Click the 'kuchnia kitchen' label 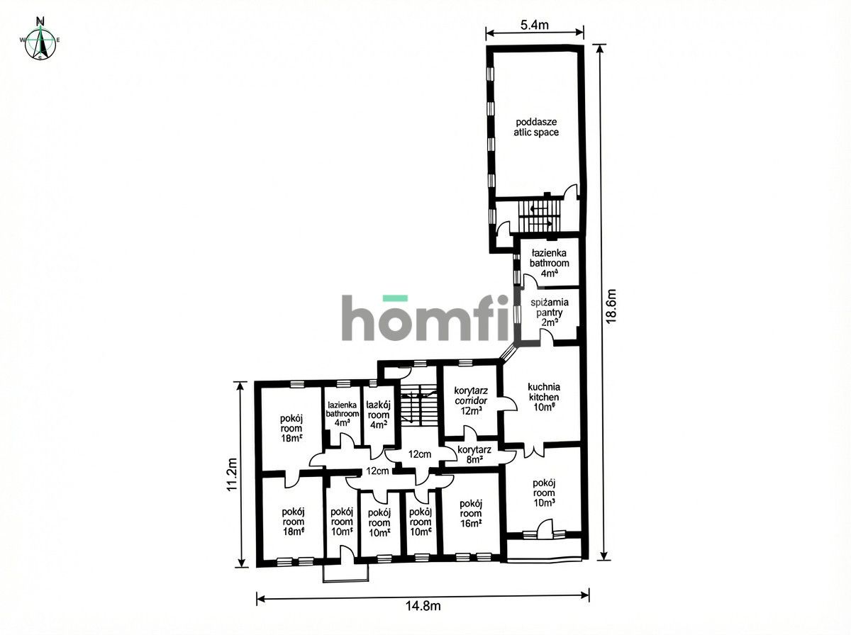[543, 397]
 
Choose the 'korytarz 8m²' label [470, 454]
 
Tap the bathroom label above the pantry [550, 262]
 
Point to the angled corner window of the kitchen [510, 353]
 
